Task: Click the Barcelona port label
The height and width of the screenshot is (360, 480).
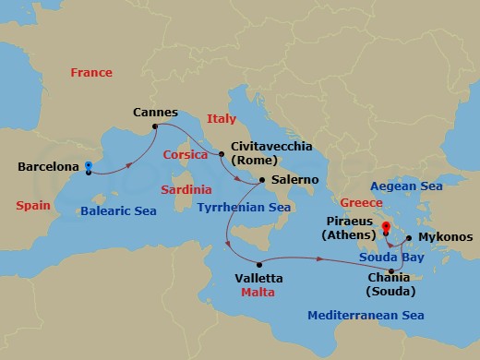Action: pyautogui.click(x=47, y=167)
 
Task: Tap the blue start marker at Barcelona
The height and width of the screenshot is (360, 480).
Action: pyautogui.click(x=88, y=166)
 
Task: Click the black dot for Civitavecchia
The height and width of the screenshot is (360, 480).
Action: pyautogui.click(x=221, y=152)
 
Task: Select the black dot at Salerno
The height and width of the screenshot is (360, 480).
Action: pyautogui.click(x=263, y=179)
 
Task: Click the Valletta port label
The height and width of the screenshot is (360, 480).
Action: pyautogui.click(x=258, y=277)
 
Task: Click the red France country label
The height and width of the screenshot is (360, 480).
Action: pyautogui.click(x=90, y=72)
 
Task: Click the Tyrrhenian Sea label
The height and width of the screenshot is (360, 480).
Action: pyautogui.click(x=245, y=208)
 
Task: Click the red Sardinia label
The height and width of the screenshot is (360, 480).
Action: pyautogui.click(x=187, y=188)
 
